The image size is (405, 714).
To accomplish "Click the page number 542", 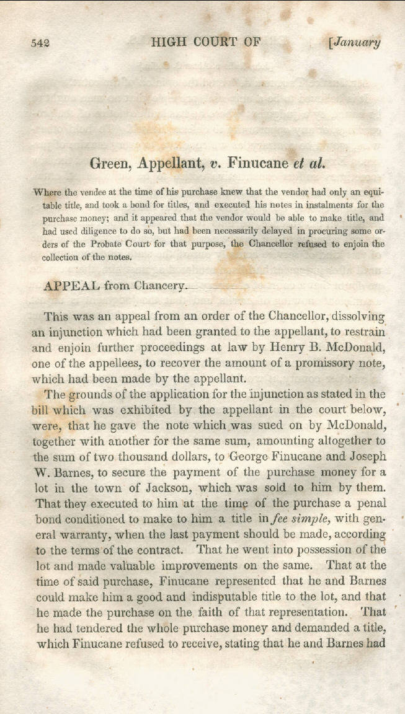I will (x=40, y=43).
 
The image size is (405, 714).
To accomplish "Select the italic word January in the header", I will (x=357, y=43).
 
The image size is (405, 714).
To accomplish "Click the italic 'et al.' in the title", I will (x=309, y=164).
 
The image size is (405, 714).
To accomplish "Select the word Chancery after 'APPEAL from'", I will (x=159, y=286).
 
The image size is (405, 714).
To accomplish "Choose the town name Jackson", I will (x=136, y=488).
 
